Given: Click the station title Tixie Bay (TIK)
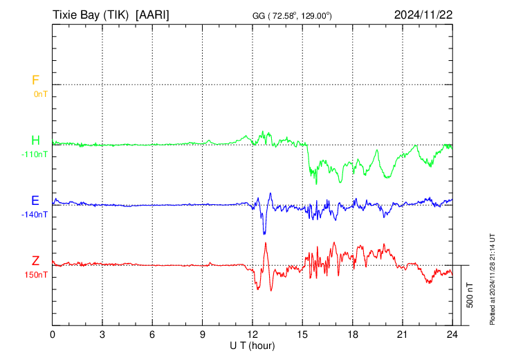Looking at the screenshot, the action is tap(91, 15).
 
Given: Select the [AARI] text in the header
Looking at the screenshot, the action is tap(152, 15).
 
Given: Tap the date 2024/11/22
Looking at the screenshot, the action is tap(423, 15).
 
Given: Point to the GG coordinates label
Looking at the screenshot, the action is tap(292, 16).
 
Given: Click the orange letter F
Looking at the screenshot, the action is tap(35, 80).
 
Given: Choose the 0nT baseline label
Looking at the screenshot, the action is tap(41, 94).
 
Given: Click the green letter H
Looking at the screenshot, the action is tap(35, 141).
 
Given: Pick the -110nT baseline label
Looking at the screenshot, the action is tap(35, 154).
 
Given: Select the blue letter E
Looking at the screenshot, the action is tap(35, 201).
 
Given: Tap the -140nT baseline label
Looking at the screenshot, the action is tap(35, 215).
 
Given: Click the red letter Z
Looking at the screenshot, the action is tap(35, 261).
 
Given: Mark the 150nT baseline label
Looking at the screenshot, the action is tap(36, 275).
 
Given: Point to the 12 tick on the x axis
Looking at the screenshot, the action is tap(252, 334).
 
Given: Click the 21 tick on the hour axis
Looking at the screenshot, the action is tap(402, 334).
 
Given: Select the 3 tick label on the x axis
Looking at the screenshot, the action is tap(102, 334).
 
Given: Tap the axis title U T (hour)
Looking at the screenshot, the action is tap(252, 346).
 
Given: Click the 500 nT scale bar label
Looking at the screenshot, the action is tap(470, 295).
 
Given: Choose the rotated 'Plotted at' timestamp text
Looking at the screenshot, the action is tap(492, 279).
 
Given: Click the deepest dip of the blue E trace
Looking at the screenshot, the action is tap(264, 234).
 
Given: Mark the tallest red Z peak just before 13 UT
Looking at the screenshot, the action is tap(266, 243).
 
